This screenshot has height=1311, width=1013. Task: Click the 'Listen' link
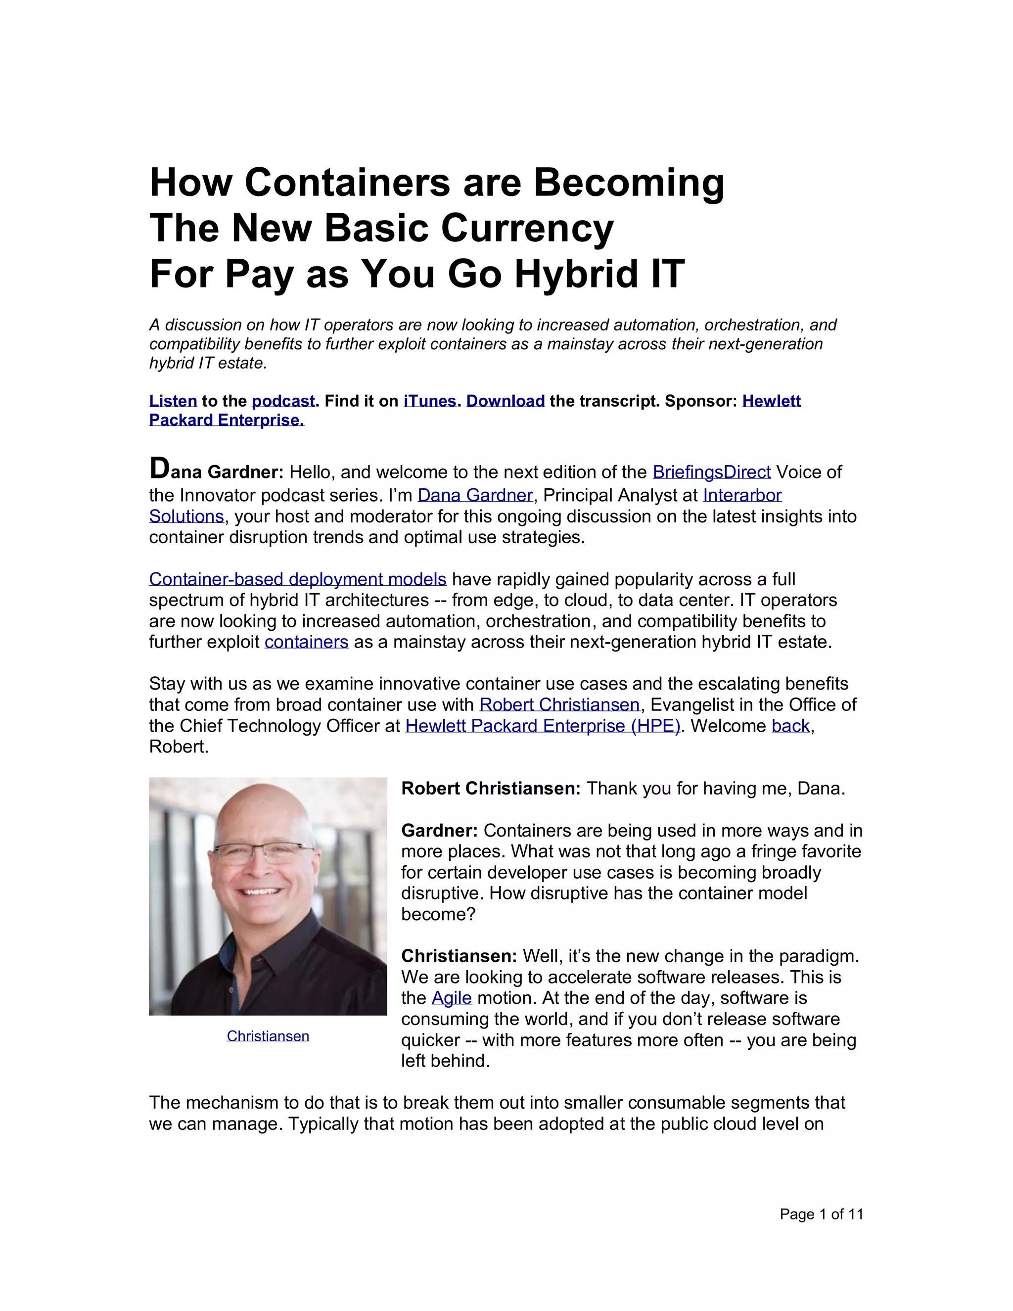click(173, 401)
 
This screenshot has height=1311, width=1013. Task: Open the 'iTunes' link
click(430, 401)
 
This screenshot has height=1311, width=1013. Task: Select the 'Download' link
click(506, 401)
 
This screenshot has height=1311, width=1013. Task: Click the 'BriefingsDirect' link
click(711, 472)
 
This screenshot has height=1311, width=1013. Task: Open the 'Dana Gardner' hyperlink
click(475, 495)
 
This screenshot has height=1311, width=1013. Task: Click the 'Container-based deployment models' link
click(298, 579)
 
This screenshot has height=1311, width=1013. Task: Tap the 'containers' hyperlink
click(306, 642)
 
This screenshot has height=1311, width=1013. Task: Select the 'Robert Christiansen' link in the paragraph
click(559, 704)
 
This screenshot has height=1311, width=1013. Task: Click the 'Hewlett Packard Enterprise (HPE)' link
click(543, 726)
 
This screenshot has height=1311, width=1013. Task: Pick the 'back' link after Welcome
click(790, 726)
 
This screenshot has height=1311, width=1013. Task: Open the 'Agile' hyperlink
click(451, 998)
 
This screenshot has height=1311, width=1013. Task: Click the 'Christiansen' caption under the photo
click(268, 1036)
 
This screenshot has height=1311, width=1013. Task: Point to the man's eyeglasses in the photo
click(264, 852)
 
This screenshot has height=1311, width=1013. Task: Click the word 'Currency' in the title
click(527, 229)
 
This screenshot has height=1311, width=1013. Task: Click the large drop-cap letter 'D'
click(160, 469)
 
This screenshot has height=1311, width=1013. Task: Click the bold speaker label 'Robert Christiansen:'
click(490, 789)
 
